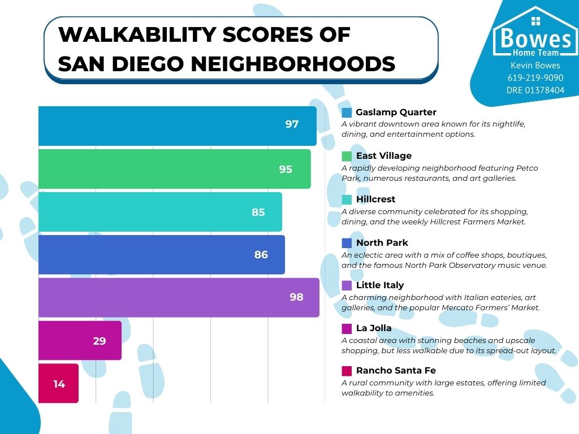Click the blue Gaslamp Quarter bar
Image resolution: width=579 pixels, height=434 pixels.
point(170,125)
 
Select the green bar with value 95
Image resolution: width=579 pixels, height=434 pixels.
point(170,169)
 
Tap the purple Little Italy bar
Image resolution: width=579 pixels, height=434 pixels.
point(170,297)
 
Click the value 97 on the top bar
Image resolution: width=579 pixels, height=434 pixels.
point(292,124)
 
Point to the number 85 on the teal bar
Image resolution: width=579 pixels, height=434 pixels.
point(258,212)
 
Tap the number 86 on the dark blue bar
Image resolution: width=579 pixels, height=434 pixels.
point(261,255)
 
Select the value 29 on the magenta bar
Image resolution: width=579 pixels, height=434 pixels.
point(100,341)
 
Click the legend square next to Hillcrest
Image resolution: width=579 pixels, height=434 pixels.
point(347,199)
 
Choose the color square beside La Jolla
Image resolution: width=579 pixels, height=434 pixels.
point(347,328)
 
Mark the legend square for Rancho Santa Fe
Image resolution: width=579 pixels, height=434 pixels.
point(347,371)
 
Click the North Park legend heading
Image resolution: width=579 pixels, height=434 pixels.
point(382,243)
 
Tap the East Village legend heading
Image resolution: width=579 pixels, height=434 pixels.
point(383,156)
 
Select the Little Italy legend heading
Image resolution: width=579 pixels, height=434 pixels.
point(380,285)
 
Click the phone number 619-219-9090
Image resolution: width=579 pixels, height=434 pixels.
point(535,78)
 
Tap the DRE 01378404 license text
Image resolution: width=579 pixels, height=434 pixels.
point(535,90)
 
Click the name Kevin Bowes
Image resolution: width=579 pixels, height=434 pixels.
point(535,66)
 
